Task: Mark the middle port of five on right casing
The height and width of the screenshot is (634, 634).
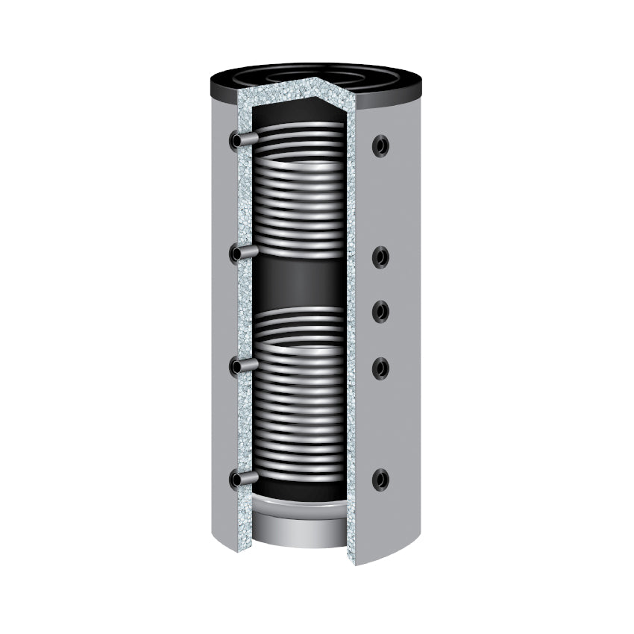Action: [x=380, y=310]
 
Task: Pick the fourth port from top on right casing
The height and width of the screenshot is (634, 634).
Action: [x=380, y=367]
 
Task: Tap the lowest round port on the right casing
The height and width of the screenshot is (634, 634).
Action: [x=380, y=479]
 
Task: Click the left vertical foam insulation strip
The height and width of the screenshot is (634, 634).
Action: [x=242, y=313]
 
